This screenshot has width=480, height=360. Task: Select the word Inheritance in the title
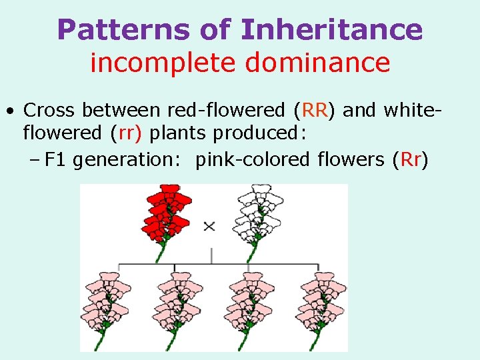pos(331,29)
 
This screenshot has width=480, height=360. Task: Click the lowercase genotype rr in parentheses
pos(127,133)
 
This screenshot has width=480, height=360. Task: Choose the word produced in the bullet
pos(256,133)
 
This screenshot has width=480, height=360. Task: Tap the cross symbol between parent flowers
pos(209,226)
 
